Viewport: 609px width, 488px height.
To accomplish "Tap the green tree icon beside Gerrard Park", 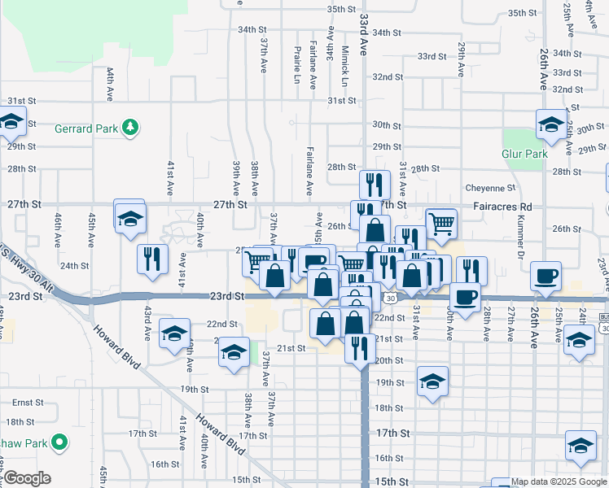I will coord(129,128).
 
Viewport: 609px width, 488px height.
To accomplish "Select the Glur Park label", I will coord(524,154).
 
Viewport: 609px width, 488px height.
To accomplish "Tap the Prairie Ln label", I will coord(297,63).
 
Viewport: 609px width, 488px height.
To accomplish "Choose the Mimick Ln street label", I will coord(344,68).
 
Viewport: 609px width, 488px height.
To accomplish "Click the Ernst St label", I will coord(27,403).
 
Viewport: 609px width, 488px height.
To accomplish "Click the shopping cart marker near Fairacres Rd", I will coord(440,223).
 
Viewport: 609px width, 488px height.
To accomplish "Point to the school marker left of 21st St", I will coord(234,353).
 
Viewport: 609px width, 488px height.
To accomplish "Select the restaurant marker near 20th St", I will coord(358,347).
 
